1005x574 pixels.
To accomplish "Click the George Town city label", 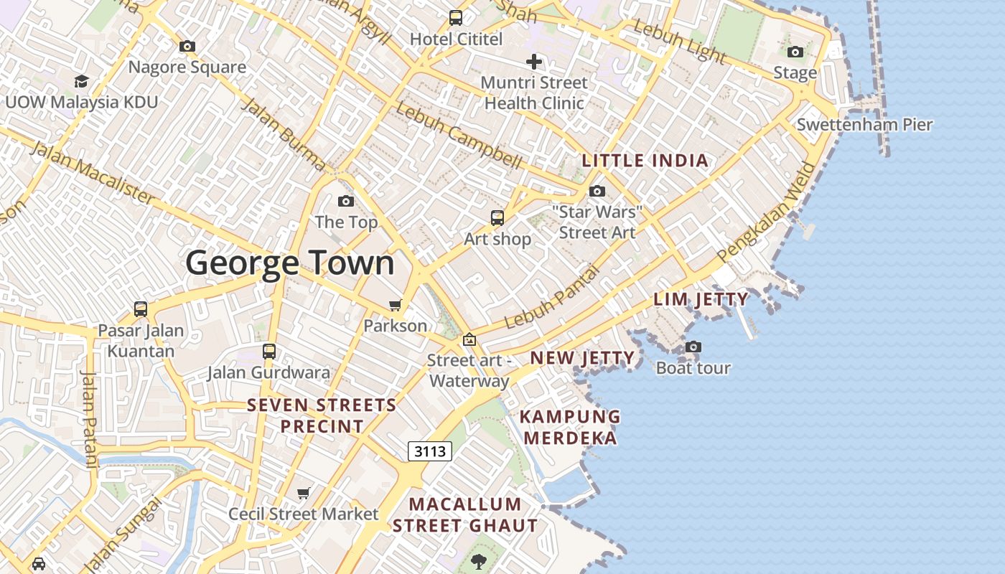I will (x=290, y=263).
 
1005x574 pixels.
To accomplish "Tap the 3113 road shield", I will (x=431, y=451).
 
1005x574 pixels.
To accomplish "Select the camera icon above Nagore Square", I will (x=187, y=47).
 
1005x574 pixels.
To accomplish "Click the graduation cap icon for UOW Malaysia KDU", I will (x=81, y=81).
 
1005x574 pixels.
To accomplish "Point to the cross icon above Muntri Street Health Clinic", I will (x=533, y=62).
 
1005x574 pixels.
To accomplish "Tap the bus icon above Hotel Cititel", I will (x=456, y=18).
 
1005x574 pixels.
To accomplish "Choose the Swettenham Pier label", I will (x=864, y=124).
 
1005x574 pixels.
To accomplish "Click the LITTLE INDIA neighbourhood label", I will (x=645, y=161).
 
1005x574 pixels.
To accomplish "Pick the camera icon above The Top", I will (x=346, y=201).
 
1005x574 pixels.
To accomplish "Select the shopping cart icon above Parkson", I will (x=395, y=305).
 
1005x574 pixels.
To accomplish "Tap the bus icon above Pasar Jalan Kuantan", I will (x=141, y=310).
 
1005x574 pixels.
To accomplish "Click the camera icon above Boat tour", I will (x=693, y=347).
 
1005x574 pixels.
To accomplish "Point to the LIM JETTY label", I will (x=701, y=299).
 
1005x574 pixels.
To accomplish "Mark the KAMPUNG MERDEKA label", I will (x=569, y=427).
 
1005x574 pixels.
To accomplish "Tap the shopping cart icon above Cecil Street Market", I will (x=304, y=493).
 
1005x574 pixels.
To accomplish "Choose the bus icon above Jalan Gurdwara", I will (x=269, y=352).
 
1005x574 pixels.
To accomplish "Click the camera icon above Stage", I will (x=795, y=52).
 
